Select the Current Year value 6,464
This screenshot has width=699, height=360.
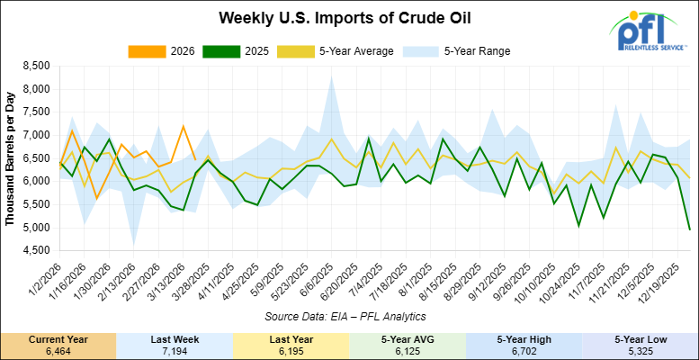coord(58,350)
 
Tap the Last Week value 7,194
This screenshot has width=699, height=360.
coord(175,350)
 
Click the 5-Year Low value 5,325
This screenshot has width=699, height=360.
coord(640,350)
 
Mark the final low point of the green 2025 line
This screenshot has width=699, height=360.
coord(688,229)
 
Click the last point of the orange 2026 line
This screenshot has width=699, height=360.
coord(195,159)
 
